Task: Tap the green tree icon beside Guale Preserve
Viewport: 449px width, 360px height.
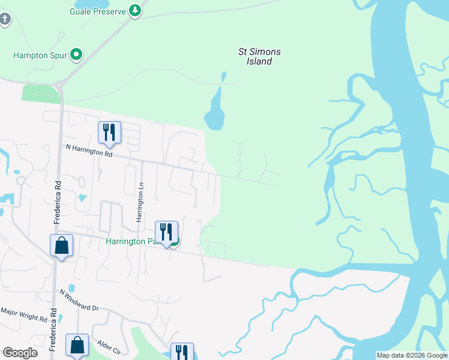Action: (136, 10)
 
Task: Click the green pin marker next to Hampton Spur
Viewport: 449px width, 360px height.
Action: (76, 55)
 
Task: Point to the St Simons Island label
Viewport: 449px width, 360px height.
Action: (259, 56)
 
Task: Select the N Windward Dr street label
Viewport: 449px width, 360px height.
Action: (79, 300)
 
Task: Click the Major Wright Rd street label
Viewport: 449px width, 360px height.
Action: (23, 314)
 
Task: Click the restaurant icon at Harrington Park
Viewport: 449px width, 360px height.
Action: (166, 232)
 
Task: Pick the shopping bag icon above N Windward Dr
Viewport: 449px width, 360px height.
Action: (61, 246)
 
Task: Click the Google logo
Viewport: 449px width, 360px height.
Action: (20, 353)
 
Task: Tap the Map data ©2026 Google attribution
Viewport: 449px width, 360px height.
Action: (412, 355)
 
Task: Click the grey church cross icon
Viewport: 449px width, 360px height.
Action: (5, 19)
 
